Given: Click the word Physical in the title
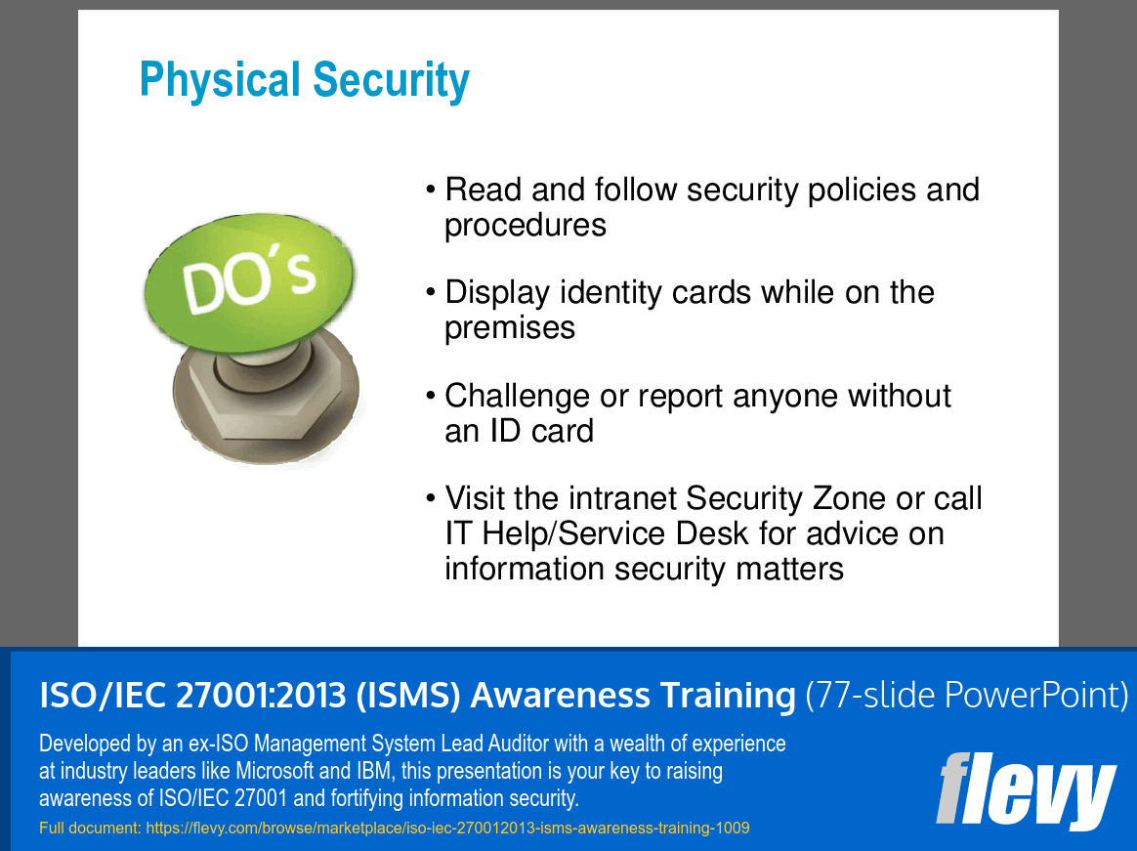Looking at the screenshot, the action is click(x=220, y=80).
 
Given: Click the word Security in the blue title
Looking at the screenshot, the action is click(x=392, y=80).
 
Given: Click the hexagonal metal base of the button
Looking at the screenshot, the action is click(x=266, y=398).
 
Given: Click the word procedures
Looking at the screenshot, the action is click(x=525, y=225).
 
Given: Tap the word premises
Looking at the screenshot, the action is click(x=510, y=328).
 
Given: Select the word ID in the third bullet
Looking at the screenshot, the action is click(x=505, y=431).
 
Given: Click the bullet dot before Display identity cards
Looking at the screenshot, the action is click(x=431, y=293).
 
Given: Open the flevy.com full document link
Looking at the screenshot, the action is click(x=447, y=828).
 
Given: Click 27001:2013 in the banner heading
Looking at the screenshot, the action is click(x=261, y=695).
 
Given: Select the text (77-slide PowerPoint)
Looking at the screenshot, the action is click(x=967, y=695).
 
